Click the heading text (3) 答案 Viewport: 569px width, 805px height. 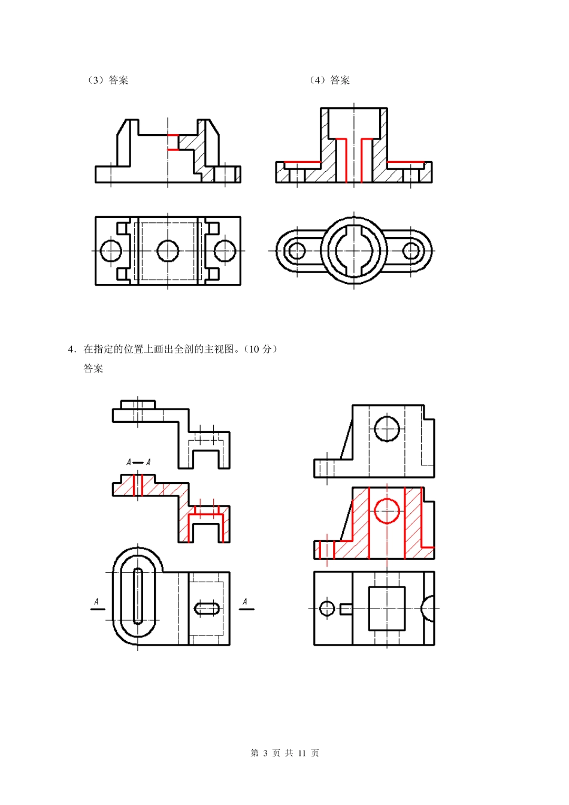pos(108,80)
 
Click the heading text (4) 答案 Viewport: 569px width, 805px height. pos(329,80)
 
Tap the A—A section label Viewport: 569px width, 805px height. pos(138,462)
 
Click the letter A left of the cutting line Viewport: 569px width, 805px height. pos(96,601)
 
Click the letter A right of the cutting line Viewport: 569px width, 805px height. pos(244,601)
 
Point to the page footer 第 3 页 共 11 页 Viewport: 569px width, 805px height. pos(284,753)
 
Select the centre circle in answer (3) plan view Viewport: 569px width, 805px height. pos(168,251)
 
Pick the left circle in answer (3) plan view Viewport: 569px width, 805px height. pos(111,251)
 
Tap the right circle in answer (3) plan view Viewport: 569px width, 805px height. pos(225,251)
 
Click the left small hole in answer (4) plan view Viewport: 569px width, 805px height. pos(296,250)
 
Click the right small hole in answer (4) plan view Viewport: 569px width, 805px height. pos(411,250)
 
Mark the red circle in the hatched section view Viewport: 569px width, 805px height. pos(387,511)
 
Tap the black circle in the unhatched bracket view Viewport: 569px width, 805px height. pos(387,429)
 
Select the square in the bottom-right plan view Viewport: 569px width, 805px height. pos(386,609)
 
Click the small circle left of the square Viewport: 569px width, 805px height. pos(327,609)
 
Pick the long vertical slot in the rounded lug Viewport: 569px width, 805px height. pos(138,596)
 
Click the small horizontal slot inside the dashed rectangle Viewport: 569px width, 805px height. pos(207,609)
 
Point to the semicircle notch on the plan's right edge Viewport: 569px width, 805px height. pos(429,609)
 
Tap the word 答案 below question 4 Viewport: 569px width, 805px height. pos(93,369)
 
